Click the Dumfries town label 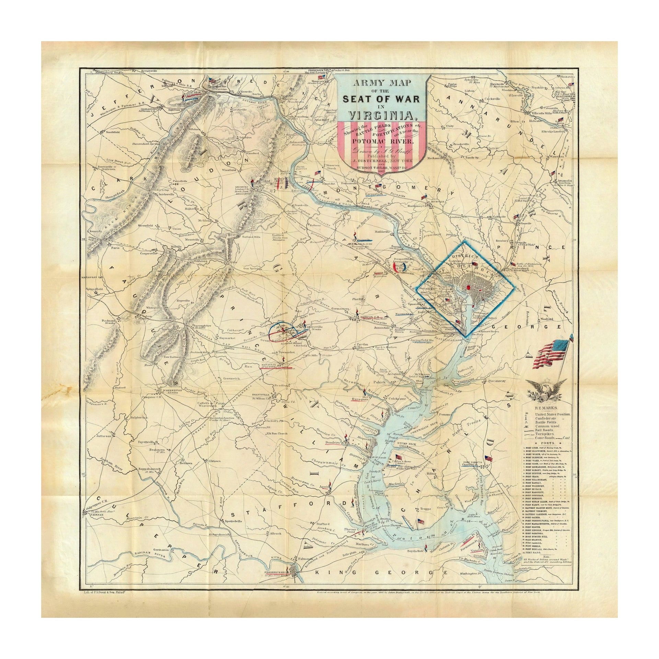pos(332,443)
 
